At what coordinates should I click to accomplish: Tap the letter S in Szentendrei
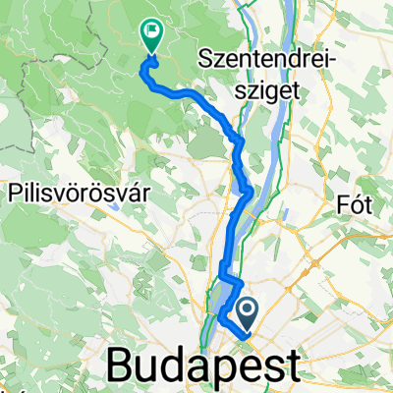click(206, 60)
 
